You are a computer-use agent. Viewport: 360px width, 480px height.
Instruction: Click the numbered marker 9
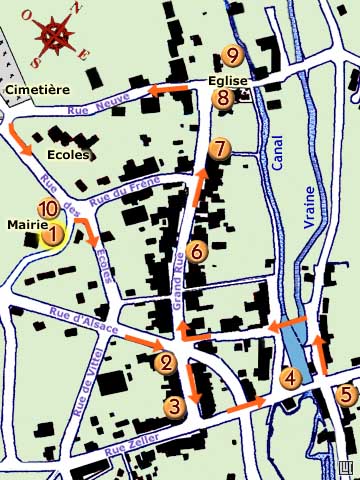[x=233, y=56]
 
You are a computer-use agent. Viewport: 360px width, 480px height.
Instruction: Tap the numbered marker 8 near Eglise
[x=223, y=97]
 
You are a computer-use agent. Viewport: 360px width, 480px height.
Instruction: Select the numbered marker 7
[x=220, y=149]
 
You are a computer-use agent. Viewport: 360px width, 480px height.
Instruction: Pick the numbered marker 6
[x=196, y=250]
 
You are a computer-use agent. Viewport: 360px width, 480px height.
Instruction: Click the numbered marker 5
[x=345, y=394]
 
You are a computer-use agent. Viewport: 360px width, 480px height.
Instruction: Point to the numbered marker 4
[x=290, y=378]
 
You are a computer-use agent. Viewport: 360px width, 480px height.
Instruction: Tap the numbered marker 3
[x=175, y=406]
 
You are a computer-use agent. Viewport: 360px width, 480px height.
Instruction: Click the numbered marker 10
[x=46, y=209]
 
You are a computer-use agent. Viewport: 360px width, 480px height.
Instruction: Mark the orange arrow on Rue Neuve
[x=167, y=91]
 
